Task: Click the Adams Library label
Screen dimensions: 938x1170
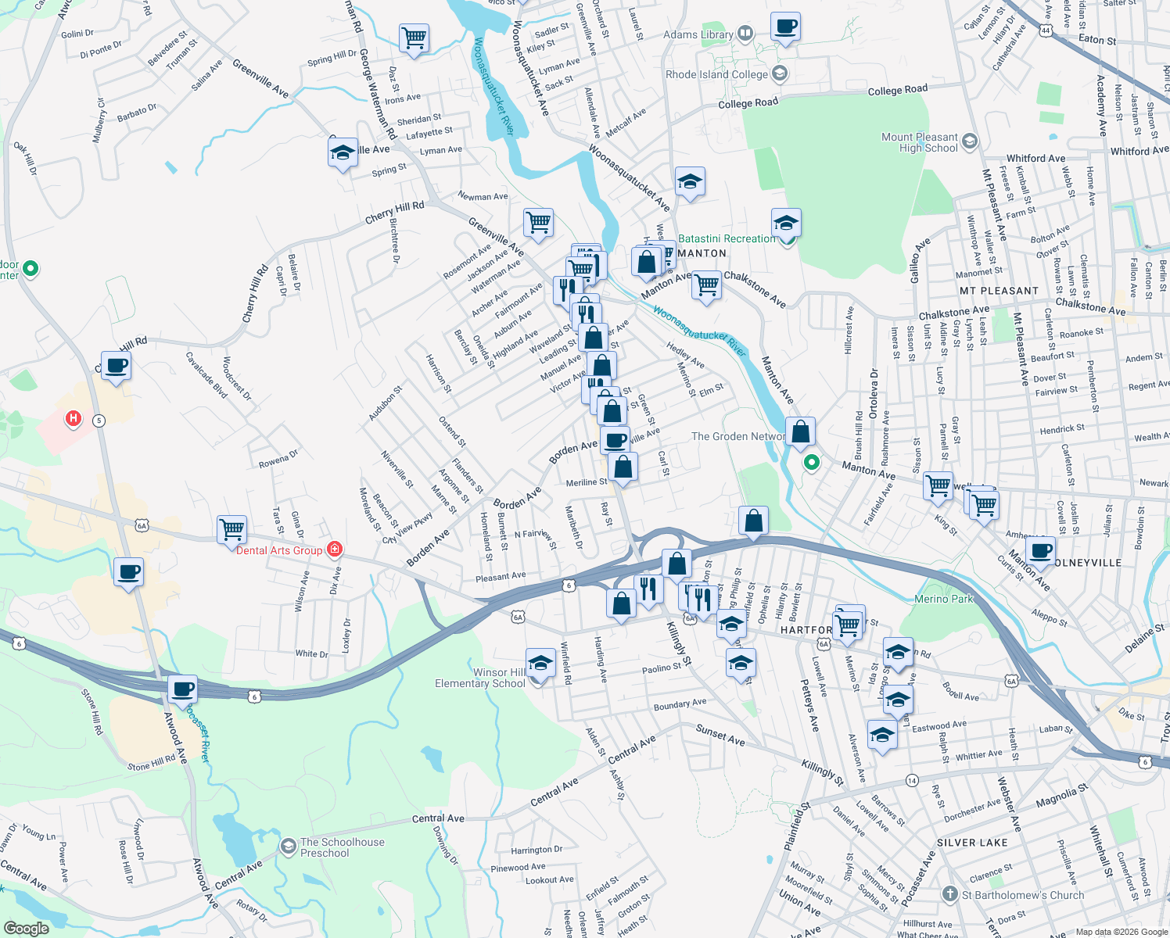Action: pos(698,34)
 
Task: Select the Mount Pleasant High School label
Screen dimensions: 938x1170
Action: pos(919,142)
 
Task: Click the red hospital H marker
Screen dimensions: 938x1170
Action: pos(74,419)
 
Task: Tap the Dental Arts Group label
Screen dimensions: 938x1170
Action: pos(279,551)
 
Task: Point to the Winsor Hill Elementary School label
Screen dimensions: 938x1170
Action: pos(479,678)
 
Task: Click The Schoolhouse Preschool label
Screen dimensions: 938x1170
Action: pos(342,847)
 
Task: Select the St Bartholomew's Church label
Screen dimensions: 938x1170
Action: pos(1022,895)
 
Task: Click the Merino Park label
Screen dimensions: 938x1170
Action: pos(943,599)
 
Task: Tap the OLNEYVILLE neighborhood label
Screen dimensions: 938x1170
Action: pos(1088,563)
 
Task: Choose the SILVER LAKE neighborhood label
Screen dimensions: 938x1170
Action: pos(972,843)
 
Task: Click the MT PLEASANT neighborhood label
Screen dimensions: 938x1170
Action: pos(999,291)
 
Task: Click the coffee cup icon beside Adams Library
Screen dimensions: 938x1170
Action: pos(785,26)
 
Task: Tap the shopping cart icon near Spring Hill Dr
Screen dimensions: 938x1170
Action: pos(414,38)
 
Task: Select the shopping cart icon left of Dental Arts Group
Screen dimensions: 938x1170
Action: pos(232,529)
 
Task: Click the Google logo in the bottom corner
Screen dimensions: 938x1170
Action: pos(26,929)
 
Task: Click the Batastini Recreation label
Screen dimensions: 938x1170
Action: pos(727,238)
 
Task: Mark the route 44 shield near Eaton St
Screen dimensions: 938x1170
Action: pos(1046,30)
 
